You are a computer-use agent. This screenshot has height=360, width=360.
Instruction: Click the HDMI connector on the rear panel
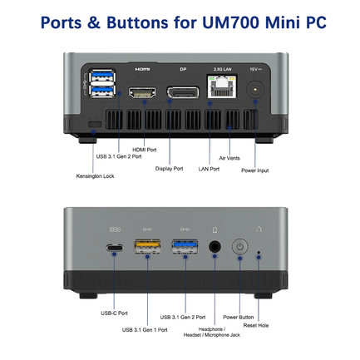point(142,92)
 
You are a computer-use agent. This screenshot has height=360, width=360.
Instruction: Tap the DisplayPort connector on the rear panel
point(183,92)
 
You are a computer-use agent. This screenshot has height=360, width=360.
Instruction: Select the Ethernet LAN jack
point(222,86)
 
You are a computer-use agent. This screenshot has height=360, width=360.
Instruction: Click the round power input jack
point(255,90)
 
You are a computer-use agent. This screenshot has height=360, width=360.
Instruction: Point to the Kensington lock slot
point(95,125)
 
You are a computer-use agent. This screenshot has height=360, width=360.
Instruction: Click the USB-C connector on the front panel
point(115,247)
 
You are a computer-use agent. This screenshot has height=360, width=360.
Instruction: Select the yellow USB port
point(147,246)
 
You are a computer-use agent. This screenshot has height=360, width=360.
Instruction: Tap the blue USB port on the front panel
point(185,246)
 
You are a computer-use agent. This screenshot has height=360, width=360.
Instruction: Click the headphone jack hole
point(215,246)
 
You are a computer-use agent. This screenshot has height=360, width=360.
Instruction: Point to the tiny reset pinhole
point(259,253)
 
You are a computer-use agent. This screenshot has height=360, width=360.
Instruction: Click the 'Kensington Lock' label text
point(95,176)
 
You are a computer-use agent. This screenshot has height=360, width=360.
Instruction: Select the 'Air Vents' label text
point(229,158)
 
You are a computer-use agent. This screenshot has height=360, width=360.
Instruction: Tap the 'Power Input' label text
point(255,170)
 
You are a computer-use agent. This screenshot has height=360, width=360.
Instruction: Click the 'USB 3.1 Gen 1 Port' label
point(145,330)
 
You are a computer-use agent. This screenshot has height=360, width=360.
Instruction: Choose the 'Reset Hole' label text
point(256,325)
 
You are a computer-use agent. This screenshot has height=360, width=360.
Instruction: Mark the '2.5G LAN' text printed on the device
point(222,69)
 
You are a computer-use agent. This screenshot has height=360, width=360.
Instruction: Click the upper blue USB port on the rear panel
point(102,76)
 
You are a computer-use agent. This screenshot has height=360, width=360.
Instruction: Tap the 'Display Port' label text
point(169,169)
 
